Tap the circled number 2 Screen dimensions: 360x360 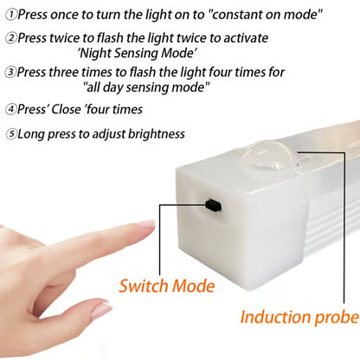coord(11,38)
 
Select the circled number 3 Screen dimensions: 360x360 coord(11,72)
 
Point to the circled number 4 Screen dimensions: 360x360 coord(11,109)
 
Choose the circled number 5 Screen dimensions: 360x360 coord(11,134)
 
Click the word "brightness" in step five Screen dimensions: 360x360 coord(154,134)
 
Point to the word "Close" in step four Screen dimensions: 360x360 coord(70,109)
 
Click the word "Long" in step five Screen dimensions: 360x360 coord(32,134)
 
